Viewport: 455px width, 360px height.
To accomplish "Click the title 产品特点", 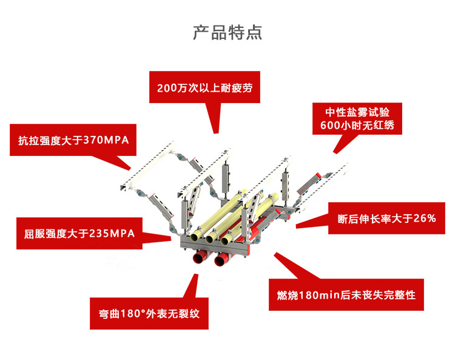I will (227, 32).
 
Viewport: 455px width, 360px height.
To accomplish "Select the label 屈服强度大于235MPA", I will (80, 233).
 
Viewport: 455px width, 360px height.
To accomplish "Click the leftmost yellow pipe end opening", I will (197, 237).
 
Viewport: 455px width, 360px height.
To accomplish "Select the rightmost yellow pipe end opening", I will (227, 240).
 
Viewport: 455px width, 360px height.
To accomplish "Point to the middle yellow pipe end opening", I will (211, 239).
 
